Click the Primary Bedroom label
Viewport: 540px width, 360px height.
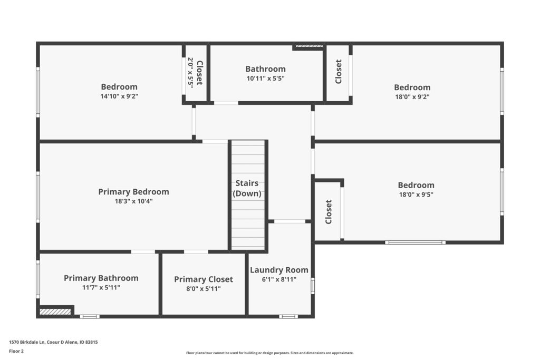pos(133,192)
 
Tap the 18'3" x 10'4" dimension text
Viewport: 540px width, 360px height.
pos(133,201)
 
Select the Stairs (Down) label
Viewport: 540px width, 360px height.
pos(247,188)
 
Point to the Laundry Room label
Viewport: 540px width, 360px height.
pos(279,270)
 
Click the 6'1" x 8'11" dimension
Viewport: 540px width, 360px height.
pos(279,279)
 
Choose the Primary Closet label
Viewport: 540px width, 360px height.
pos(204,279)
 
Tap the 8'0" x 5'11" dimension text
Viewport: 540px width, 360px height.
pos(204,289)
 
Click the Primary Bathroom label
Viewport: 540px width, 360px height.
pos(101,278)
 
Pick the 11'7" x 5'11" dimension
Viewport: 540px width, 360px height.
pos(101,287)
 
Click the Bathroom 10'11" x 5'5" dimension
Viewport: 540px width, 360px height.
pos(266,78)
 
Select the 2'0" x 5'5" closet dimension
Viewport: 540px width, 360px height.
pos(190,73)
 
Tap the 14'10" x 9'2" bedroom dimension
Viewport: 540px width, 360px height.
pos(119,96)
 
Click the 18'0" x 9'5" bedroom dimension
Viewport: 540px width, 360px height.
pos(416,194)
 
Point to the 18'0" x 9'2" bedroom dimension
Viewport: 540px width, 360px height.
pos(412,96)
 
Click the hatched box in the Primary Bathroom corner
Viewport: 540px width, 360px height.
pos(55,312)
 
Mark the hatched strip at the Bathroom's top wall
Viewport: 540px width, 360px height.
pos(309,46)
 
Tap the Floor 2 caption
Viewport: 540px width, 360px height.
pos(16,351)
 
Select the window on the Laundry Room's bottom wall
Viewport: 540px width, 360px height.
pos(288,316)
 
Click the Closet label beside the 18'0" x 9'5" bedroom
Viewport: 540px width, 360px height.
pos(329,212)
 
